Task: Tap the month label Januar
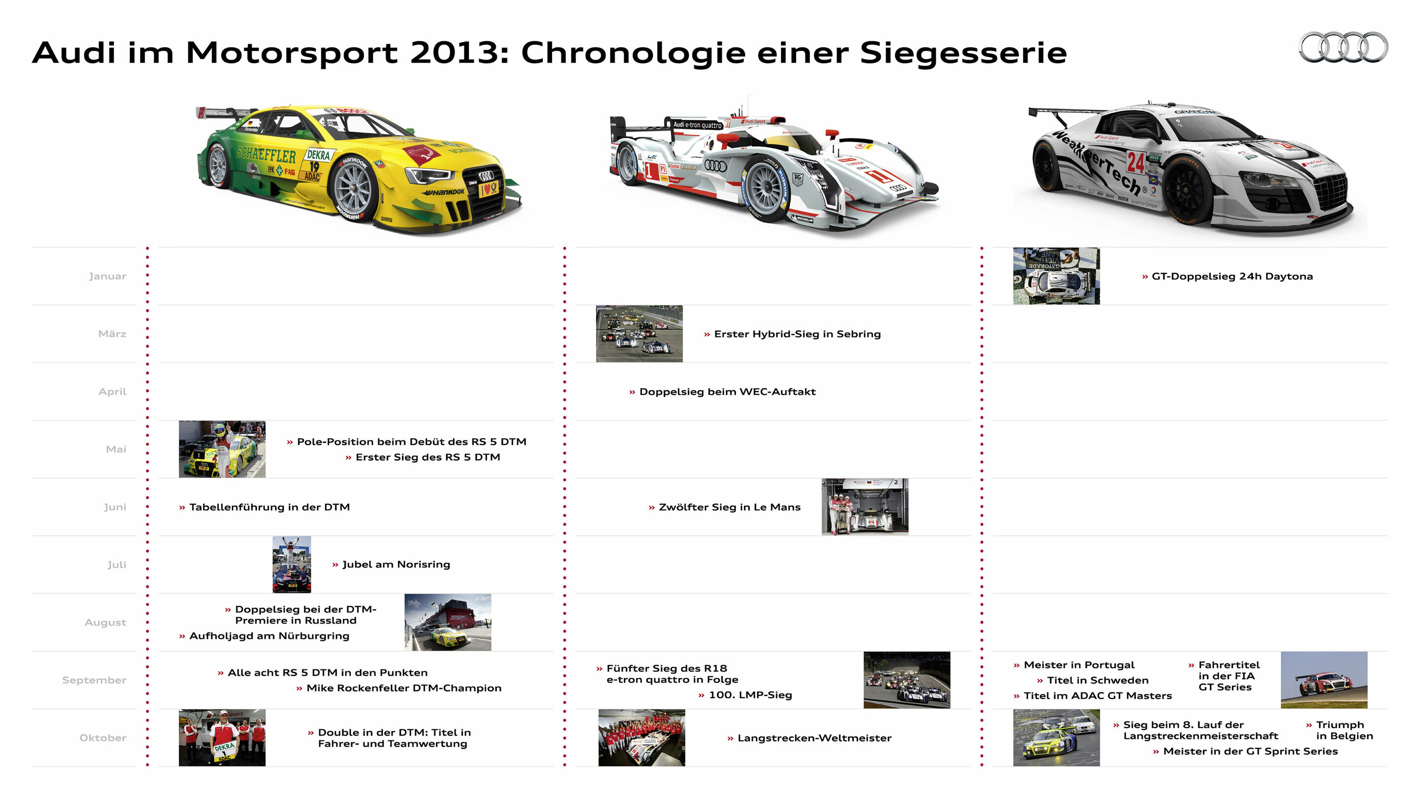click(107, 276)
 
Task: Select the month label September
click(94, 680)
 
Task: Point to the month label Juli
click(116, 565)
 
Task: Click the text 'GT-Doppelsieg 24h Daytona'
click(1232, 276)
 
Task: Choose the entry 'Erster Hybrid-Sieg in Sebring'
click(797, 334)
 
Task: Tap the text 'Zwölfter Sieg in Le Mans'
click(729, 507)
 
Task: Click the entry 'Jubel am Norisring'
click(395, 565)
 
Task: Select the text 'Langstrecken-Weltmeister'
click(814, 738)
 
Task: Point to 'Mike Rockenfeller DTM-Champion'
click(403, 688)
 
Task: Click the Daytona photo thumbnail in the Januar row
click(1056, 276)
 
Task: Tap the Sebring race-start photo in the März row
click(639, 334)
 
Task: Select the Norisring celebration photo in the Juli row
click(291, 565)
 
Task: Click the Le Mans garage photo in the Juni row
click(864, 507)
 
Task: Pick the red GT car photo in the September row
click(1323, 680)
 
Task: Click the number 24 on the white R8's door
click(1136, 163)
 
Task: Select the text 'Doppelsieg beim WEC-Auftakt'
click(727, 392)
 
